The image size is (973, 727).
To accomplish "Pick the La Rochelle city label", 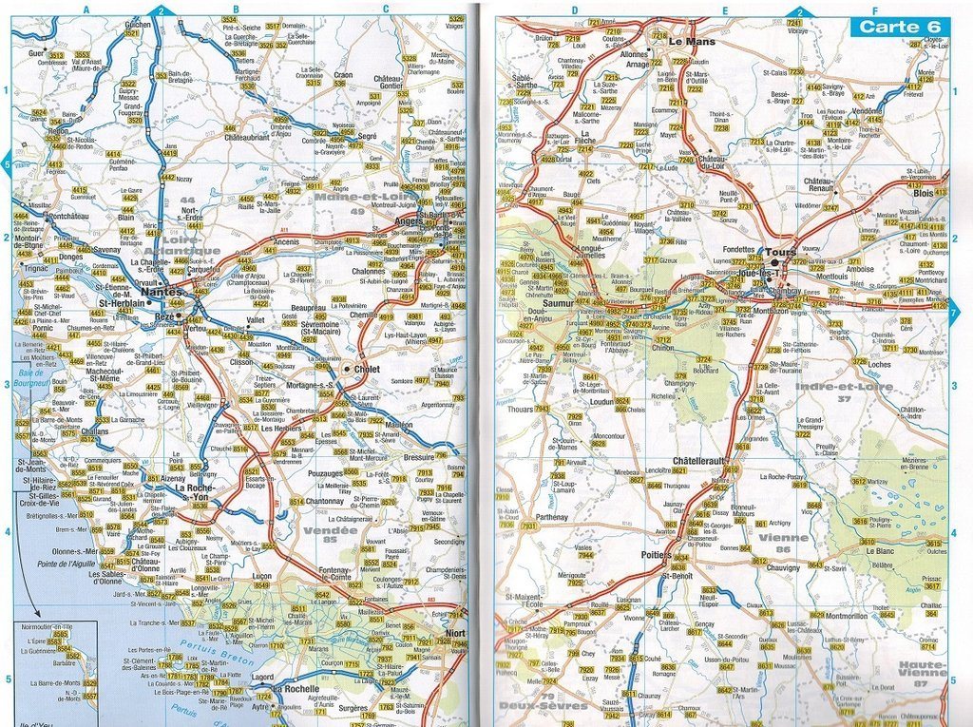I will coord(296,689).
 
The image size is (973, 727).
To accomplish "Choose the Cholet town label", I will coord(366,368).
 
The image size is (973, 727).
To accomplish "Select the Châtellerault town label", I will coord(699,461).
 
